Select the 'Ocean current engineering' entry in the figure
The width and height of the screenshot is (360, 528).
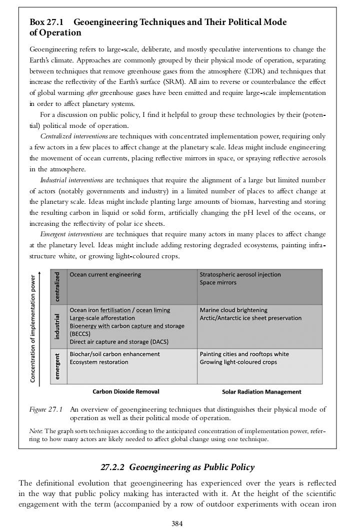coord(105,275)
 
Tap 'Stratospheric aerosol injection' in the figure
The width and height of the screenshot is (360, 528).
coord(240,275)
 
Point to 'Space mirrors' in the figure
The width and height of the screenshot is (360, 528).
coord(218,283)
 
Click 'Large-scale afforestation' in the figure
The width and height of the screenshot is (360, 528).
coord(102,318)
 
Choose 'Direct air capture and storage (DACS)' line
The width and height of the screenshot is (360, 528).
coord(119,342)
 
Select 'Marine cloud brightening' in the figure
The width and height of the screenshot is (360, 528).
coord(233,310)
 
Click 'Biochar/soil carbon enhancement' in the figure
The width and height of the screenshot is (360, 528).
coord(114,354)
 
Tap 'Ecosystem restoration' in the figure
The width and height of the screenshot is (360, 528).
coord(98,362)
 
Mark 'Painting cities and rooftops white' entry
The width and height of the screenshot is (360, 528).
coord(244,354)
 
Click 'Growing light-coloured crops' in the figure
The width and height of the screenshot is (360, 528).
coord(238,362)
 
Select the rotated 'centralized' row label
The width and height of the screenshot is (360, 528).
coord(58,287)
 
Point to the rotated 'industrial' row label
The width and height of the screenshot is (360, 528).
coord(58,327)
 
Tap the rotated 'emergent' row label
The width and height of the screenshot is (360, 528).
coord(58,366)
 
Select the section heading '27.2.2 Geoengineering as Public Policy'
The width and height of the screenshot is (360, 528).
coord(177,468)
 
